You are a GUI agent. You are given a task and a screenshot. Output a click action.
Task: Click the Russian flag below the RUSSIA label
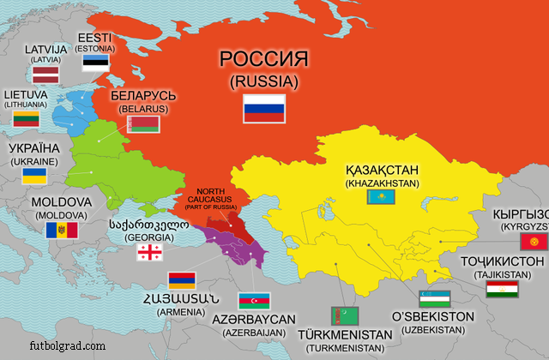point(264,107)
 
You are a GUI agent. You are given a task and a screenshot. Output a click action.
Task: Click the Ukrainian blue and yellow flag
point(34,176)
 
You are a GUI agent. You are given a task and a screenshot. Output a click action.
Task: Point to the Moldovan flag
point(62,230)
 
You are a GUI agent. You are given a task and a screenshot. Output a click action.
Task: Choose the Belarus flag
point(144,125)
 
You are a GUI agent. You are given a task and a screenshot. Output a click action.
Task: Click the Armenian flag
point(181,279)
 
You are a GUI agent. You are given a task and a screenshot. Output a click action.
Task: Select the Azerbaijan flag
point(255,300)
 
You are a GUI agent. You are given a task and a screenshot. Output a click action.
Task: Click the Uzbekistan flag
point(434,299)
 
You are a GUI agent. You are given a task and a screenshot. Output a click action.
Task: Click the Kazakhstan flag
point(380,197)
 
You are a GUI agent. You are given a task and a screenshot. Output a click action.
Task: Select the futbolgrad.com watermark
point(53,346)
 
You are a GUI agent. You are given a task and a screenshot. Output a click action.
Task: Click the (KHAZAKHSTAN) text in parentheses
point(380,183)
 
